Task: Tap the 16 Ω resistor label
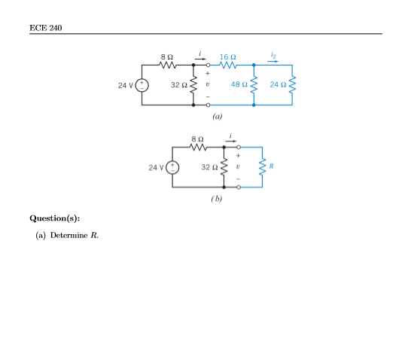(228, 56)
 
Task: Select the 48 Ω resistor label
(239, 85)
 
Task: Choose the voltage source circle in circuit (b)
(172, 166)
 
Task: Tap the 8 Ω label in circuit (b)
(197, 139)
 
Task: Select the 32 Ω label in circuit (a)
(178, 85)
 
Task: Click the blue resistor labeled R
(262, 166)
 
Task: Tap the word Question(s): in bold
(54, 218)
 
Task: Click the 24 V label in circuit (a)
(126, 85)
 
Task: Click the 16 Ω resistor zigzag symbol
(228, 66)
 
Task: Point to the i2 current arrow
(272, 61)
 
